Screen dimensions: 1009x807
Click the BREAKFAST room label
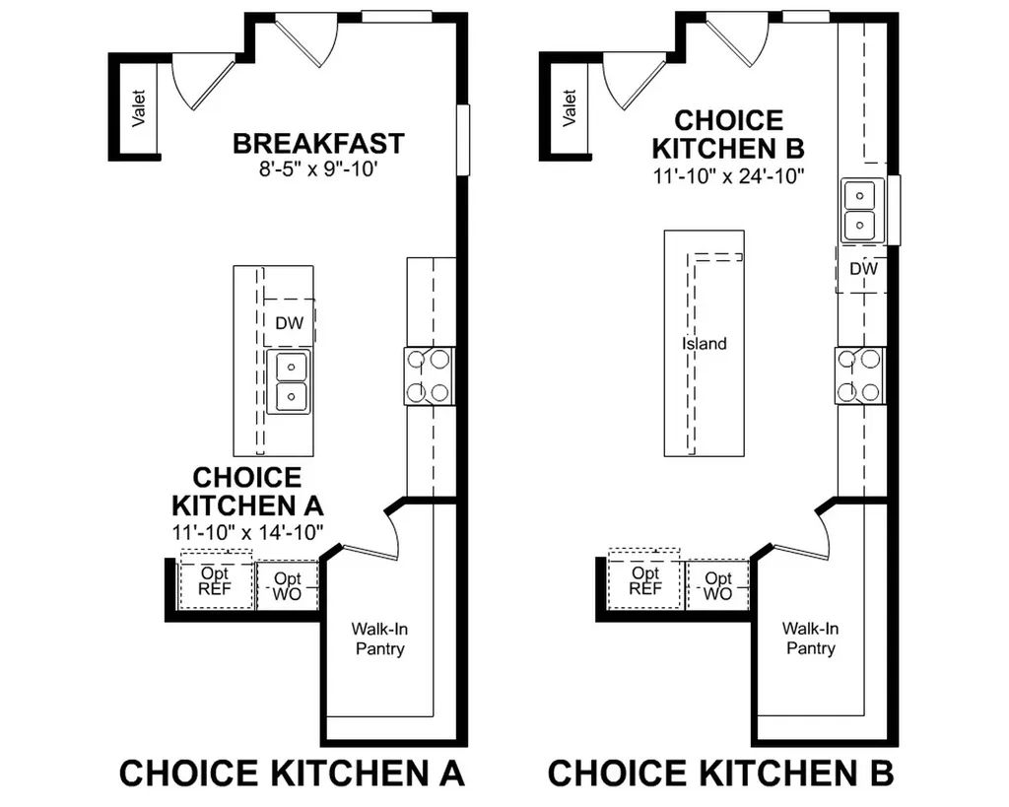tap(318, 144)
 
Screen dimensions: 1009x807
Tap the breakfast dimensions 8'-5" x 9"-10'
tap(318, 169)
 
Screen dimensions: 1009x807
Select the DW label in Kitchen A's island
tap(289, 323)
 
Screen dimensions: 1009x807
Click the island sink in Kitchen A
tap(289, 381)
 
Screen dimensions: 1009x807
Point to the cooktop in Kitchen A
tap(430, 375)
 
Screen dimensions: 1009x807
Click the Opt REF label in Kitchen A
tap(214, 580)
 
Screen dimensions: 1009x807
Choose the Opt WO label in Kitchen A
tap(287, 586)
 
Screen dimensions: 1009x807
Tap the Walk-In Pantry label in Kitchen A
tap(379, 639)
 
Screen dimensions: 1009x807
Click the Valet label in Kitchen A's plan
tap(138, 108)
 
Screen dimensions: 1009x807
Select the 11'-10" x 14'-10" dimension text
tap(247, 533)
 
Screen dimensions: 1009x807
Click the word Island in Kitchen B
tap(705, 344)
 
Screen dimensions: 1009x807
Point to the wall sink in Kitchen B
tap(860, 211)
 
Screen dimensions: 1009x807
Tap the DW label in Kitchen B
tap(863, 268)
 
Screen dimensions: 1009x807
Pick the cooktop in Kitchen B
tap(860, 375)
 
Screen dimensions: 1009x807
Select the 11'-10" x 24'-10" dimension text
tap(728, 175)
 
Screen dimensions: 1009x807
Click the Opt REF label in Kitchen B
tap(644, 580)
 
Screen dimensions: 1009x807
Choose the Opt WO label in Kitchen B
tap(718, 585)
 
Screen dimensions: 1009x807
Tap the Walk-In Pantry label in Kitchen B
tap(810, 638)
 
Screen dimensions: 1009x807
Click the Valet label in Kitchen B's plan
tap(570, 108)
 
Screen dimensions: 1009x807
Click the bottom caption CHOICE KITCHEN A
tap(292, 773)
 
